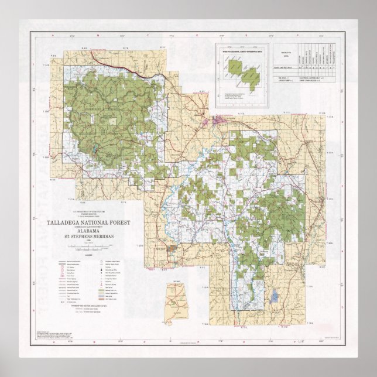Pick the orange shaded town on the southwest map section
pos(170,249)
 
